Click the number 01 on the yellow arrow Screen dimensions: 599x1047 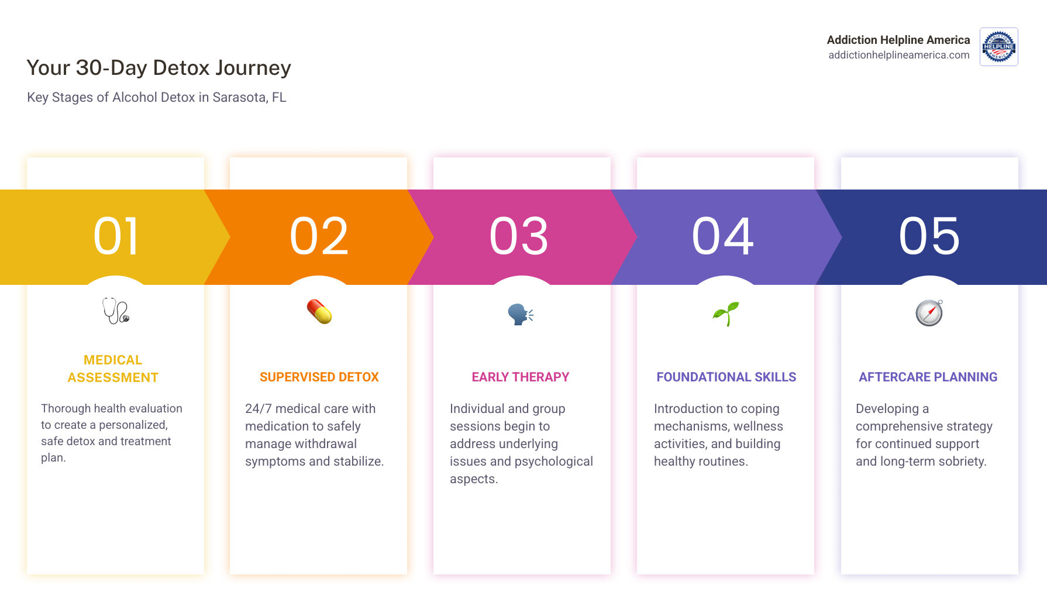[116, 236]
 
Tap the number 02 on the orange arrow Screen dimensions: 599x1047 [319, 236]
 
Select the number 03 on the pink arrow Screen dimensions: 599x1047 [519, 236]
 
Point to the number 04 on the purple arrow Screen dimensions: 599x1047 [723, 236]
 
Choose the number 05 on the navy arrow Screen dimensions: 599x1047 [929, 236]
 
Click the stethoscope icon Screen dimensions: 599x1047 [115, 311]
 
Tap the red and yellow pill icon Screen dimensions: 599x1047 [319, 312]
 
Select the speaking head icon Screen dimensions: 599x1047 [520, 314]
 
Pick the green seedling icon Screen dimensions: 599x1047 [725, 314]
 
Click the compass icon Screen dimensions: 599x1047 [929, 312]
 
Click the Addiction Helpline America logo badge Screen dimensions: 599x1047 [998, 47]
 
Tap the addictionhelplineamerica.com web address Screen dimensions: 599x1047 [898, 55]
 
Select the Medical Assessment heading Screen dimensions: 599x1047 [113, 369]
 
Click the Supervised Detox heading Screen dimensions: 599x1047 [319, 377]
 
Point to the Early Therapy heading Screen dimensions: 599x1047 [520, 377]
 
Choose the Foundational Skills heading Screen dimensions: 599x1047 [726, 377]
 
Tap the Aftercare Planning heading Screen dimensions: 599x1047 [928, 377]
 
